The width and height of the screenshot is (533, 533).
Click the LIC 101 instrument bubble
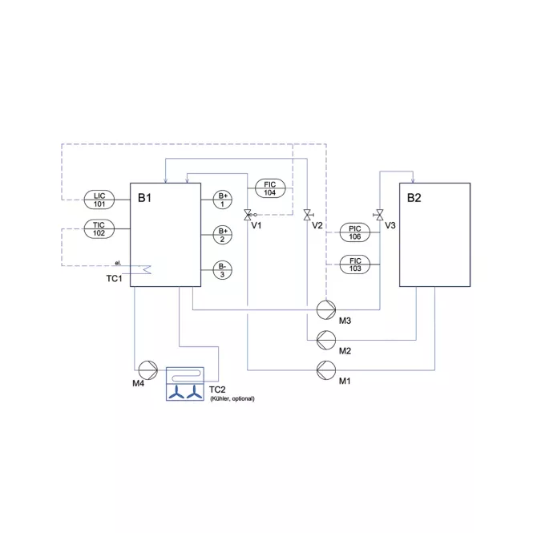tap(99, 200)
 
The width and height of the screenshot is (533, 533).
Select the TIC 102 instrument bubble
tap(99, 228)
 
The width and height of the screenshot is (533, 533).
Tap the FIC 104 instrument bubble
tap(270, 188)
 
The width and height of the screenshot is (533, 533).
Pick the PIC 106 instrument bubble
tap(355, 232)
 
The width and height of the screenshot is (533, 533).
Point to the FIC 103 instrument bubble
tap(355, 264)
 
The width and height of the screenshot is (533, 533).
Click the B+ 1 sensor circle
tap(223, 200)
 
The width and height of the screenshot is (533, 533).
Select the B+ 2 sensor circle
tap(223, 235)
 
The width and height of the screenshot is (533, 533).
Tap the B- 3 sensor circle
tap(223, 270)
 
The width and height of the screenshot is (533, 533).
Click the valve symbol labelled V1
tap(248, 215)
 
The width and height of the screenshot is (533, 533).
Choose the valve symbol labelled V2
tap(308, 215)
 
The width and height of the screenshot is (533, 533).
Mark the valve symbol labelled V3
tap(379, 215)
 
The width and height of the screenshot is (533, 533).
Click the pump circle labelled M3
tap(326, 309)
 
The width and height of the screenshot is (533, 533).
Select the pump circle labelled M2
tap(326, 340)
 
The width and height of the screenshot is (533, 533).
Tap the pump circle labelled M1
tap(326, 370)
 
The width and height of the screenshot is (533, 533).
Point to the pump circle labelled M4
tap(148, 370)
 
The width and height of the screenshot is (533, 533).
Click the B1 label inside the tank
tap(144, 198)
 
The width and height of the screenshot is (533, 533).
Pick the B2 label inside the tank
tap(414, 198)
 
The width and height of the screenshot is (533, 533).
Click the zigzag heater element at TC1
tap(147, 269)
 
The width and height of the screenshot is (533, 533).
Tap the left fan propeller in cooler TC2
tap(176, 392)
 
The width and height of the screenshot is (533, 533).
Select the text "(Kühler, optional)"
tap(232, 398)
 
